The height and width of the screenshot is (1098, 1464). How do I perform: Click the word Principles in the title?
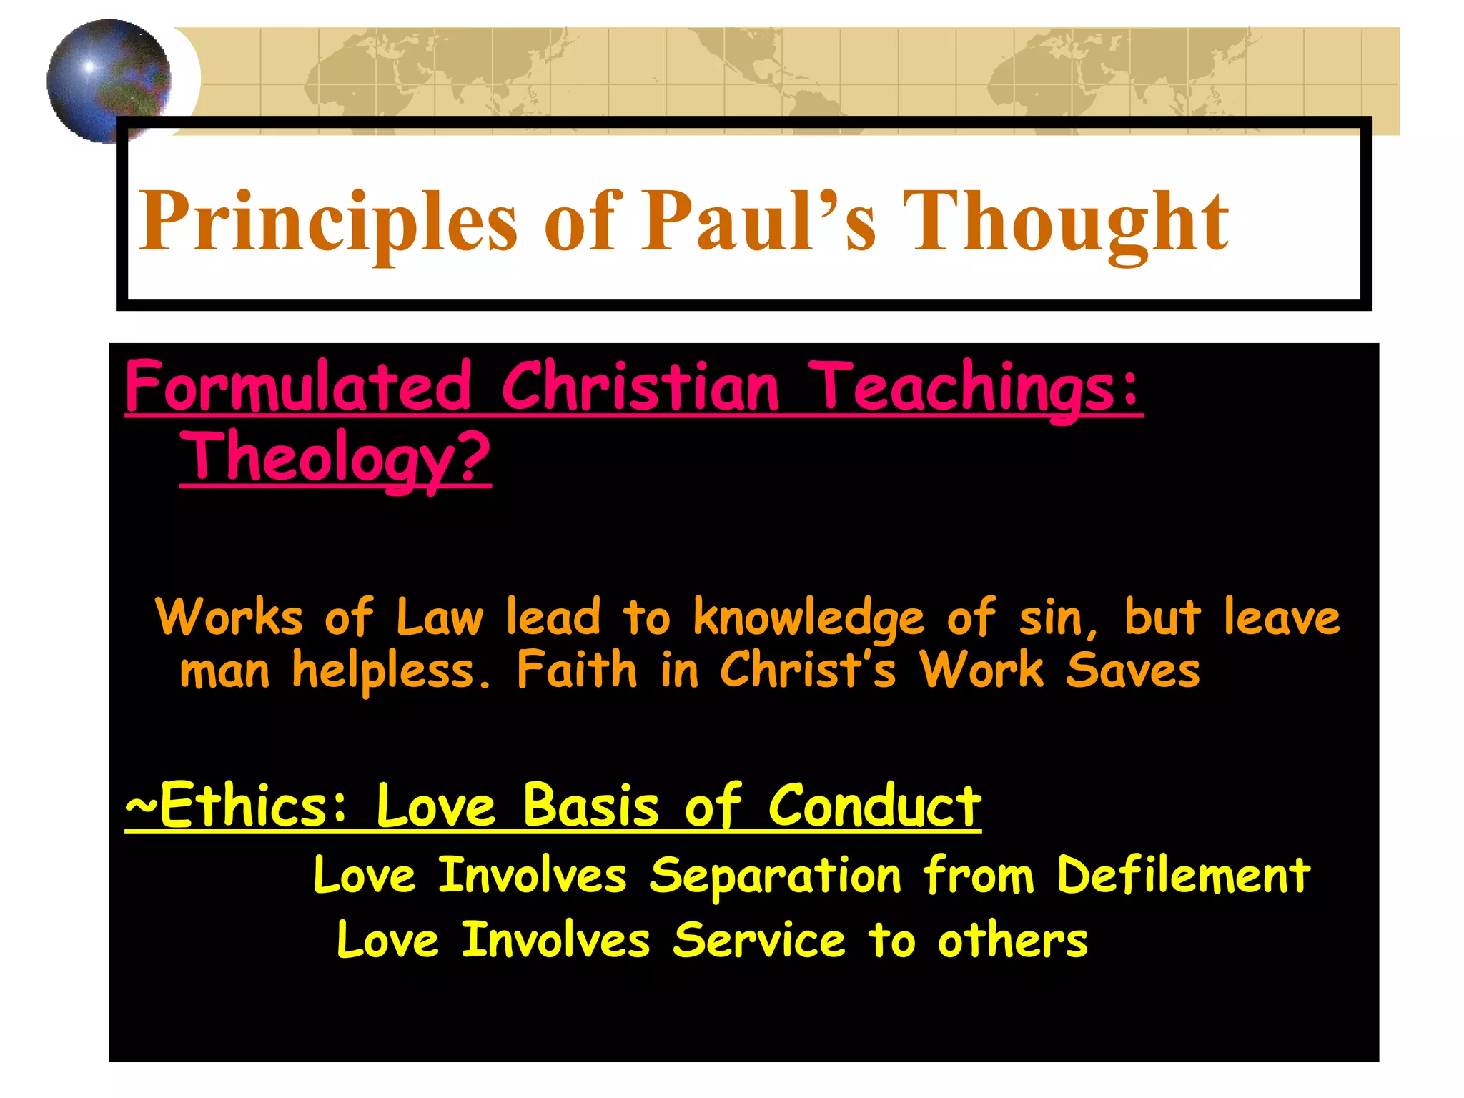click(x=327, y=222)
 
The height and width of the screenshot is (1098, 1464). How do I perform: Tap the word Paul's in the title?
click(x=758, y=222)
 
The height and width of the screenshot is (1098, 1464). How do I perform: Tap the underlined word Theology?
click(x=335, y=458)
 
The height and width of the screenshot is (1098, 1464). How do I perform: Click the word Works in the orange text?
click(x=229, y=617)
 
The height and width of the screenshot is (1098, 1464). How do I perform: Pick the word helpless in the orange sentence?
click(x=391, y=671)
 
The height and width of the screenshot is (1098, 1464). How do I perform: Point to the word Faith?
click(x=576, y=670)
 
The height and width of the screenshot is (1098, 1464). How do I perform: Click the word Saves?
click(x=1132, y=671)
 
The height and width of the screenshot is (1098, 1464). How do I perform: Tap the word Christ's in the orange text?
click(x=808, y=670)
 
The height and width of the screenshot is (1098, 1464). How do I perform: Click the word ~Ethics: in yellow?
click(x=237, y=806)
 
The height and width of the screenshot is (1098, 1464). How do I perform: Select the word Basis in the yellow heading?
click(x=590, y=806)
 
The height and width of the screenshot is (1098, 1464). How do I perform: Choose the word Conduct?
click(x=874, y=806)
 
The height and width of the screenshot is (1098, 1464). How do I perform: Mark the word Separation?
click(x=776, y=876)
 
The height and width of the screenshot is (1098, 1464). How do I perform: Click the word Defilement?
click(x=1184, y=875)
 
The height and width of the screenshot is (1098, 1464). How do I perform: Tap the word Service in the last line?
click(x=759, y=941)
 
